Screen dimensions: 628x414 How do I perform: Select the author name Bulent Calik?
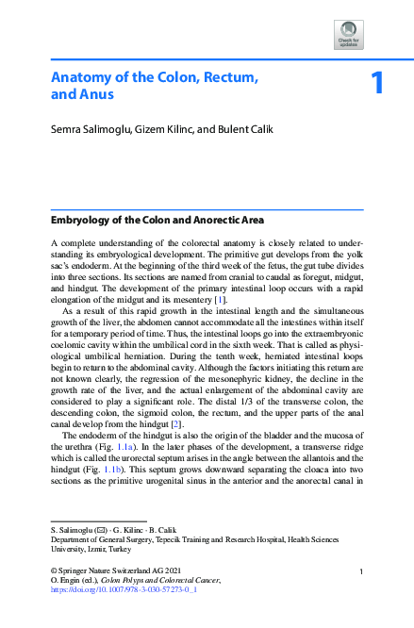click(x=243, y=128)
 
